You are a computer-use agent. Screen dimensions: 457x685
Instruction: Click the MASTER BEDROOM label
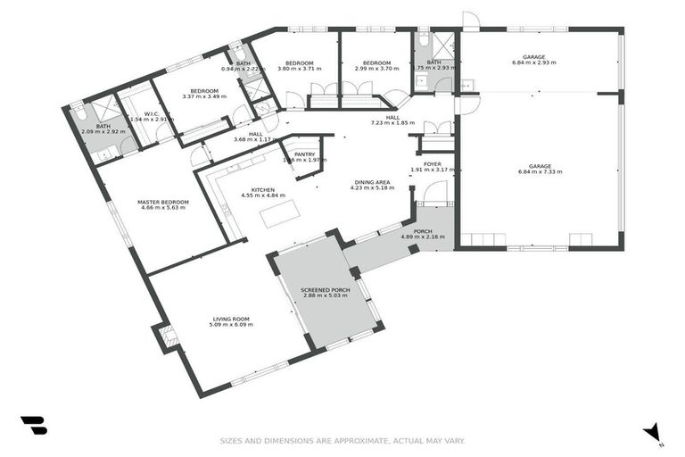point(160,203)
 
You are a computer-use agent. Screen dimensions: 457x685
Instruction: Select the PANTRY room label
point(305,154)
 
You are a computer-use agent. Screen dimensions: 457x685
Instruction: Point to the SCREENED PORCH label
point(325,290)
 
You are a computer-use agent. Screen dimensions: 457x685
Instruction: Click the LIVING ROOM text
point(230,319)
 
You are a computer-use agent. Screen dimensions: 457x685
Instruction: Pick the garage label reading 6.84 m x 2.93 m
point(539,64)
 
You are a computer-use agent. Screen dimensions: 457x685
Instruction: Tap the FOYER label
point(433,164)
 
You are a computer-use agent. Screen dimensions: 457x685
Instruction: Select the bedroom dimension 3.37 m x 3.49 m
point(204,96)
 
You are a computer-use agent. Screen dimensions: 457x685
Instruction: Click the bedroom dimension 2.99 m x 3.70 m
point(370,68)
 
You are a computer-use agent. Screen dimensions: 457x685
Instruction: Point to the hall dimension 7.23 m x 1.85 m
point(392,122)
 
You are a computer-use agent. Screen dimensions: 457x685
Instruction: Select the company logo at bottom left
point(34,426)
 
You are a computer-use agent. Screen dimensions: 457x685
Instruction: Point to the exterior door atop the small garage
point(470,21)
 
